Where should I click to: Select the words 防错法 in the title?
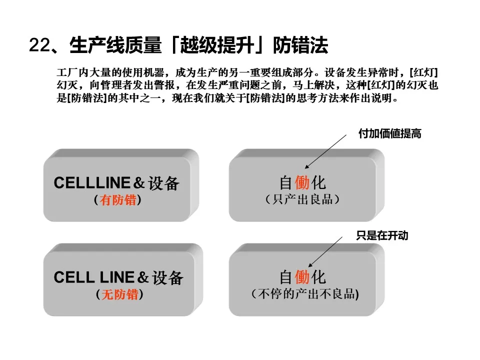[300, 45]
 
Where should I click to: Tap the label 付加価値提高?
[389, 133]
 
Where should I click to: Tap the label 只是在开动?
[382, 235]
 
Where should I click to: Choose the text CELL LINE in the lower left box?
[94, 277]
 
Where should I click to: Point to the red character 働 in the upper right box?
[302, 182]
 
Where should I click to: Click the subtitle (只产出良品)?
[302, 199]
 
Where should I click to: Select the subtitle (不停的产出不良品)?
[305, 294]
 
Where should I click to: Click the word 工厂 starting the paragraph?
[65, 71]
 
